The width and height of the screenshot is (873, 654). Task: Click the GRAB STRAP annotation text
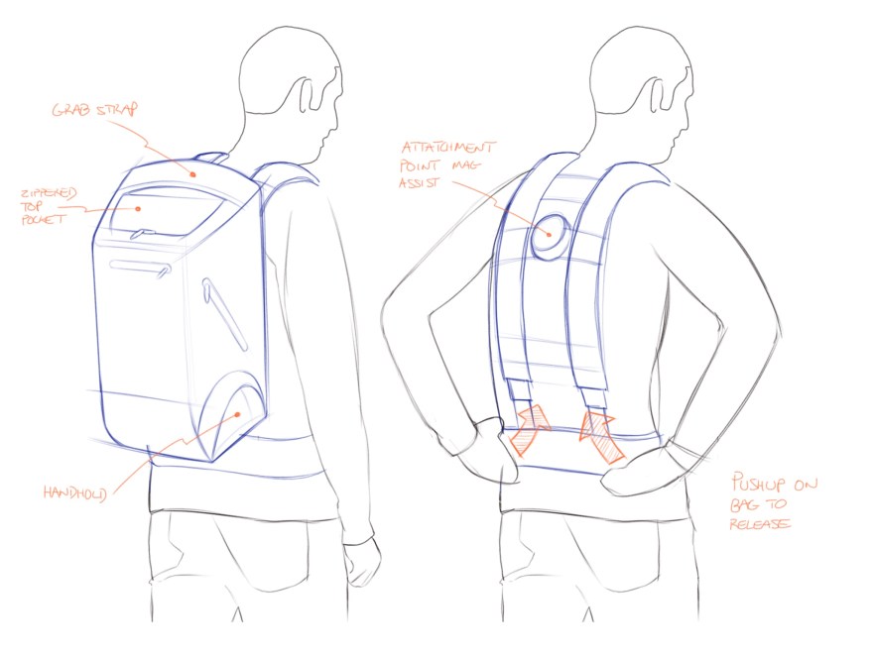(x=94, y=110)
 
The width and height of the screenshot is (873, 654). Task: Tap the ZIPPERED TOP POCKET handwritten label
(x=48, y=206)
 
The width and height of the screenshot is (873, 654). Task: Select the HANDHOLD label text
(x=74, y=492)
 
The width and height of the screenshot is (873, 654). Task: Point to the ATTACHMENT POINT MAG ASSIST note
(x=446, y=164)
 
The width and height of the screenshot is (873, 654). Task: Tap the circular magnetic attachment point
(x=550, y=237)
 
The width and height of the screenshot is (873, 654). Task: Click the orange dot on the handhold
(x=237, y=414)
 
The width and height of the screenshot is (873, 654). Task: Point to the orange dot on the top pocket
(x=138, y=208)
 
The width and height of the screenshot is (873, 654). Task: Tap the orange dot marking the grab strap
(x=192, y=174)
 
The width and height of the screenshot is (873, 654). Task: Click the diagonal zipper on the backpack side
(x=224, y=314)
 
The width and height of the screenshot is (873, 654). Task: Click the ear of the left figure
(x=308, y=95)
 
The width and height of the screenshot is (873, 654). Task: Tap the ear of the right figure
(x=659, y=95)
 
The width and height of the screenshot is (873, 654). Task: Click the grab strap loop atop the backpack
(x=210, y=158)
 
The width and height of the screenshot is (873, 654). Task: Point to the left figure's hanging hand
(x=361, y=562)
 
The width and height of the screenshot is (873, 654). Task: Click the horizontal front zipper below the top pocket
(x=140, y=268)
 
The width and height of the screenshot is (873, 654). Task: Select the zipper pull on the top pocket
(x=143, y=234)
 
